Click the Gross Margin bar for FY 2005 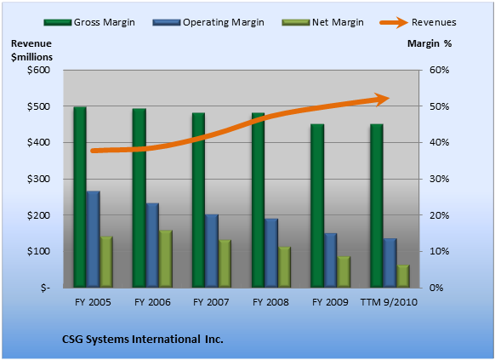click(80, 197)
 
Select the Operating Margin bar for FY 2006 click(152, 245)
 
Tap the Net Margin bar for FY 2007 click(225, 264)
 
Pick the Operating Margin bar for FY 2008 click(271, 253)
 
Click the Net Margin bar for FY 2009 click(344, 271)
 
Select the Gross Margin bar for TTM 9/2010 click(377, 206)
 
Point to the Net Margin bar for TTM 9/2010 click(403, 276)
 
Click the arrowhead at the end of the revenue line click(383, 100)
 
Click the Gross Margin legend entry click(89, 22)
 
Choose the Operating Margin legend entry click(208, 22)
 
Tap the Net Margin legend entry click(322, 22)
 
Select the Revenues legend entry click(418, 22)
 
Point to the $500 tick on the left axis click(38, 106)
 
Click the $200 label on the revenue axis click(38, 215)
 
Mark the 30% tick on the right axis click(439, 179)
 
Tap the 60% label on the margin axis click(439, 70)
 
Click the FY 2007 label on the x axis click(211, 302)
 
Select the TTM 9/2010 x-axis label click(389, 302)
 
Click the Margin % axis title click(430, 43)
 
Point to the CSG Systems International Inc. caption click(143, 340)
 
